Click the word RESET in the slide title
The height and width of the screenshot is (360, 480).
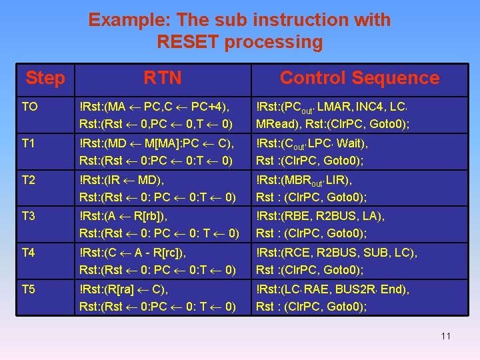pos(189,42)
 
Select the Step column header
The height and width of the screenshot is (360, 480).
pos(45,78)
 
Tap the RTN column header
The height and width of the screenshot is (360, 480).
pos(162,78)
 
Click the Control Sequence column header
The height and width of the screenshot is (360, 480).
pos(359,78)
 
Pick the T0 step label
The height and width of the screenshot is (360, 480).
pos(29,106)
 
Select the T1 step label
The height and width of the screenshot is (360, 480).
pos(29,143)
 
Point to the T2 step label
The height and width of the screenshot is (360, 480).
pos(29,179)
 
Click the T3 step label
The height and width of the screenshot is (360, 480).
pos(29,216)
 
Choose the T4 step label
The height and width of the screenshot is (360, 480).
pos(29,253)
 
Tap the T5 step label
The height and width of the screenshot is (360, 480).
pos(29,289)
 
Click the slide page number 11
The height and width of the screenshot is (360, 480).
pos(445,336)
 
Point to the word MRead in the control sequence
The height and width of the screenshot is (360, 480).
pos(276,124)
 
